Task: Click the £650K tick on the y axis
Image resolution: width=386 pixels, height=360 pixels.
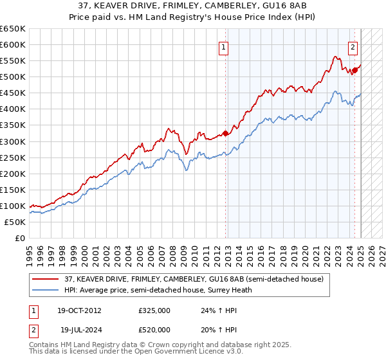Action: pyautogui.click(x=13, y=29)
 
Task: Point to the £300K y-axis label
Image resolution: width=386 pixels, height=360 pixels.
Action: pyautogui.click(x=13, y=141)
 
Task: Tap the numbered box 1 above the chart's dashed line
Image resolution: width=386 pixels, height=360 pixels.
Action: pyautogui.click(x=223, y=46)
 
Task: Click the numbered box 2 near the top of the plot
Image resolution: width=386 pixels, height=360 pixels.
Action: pyautogui.click(x=353, y=46)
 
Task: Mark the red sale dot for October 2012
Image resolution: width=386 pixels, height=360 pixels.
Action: pyautogui.click(x=225, y=134)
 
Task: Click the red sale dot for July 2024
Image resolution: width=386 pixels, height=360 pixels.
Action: pyautogui.click(x=354, y=71)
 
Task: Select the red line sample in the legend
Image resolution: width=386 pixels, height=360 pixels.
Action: pyautogui.click(x=46, y=279)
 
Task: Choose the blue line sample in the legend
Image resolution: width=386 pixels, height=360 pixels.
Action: pyautogui.click(x=46, y=290)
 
